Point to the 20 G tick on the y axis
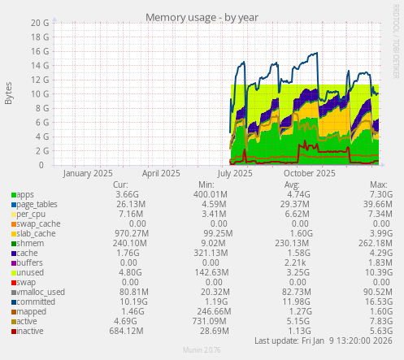click(x=41, y=23)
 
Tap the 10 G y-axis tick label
click(x=41, y=94)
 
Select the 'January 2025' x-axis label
click(x=88, y=173)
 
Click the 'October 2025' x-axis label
click(x=310, y=173)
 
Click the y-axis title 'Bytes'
click(x=9, y=94)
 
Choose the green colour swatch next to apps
click(x=13, y=195)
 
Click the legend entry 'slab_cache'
click(x=37, y=234)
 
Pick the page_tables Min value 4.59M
click(x=208, y=205)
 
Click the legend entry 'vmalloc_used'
click(x=41, y=292)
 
